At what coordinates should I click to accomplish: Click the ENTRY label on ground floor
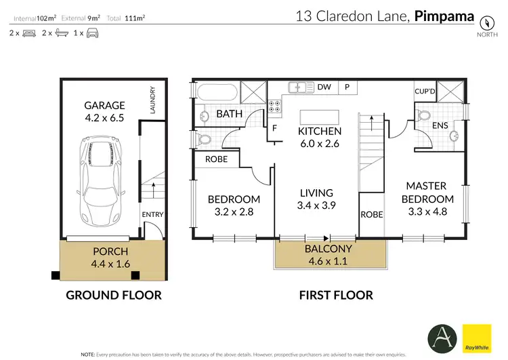pos(152,215)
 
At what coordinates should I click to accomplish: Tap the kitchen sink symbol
pos(299,87)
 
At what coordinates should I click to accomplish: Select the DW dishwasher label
pos(324,87)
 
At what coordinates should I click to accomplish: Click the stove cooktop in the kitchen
pos(276,106)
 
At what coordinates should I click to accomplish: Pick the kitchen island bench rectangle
pos(317,115)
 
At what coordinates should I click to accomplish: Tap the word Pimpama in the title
pos(444,16)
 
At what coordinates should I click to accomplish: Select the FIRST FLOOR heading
pos(336,295)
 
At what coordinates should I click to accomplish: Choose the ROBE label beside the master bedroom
pos(371,214)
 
